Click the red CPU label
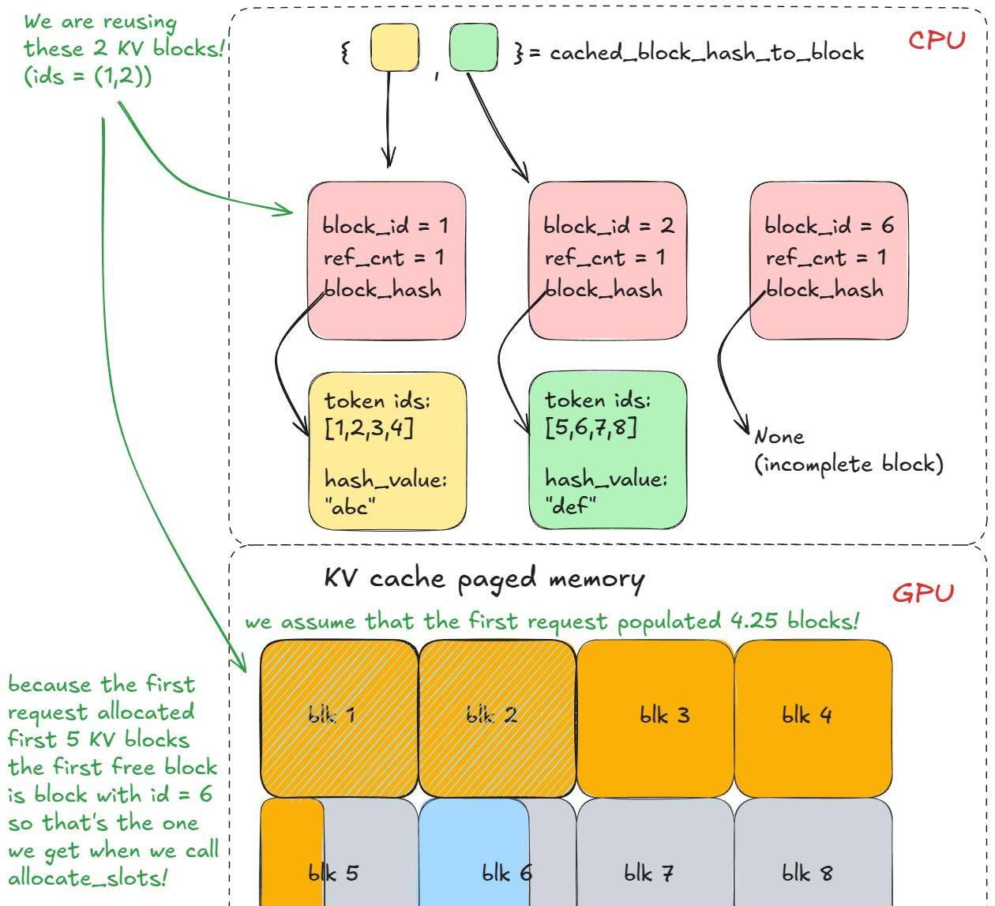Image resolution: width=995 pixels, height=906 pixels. coord(936,40)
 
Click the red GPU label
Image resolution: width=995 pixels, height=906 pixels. coord(923,592)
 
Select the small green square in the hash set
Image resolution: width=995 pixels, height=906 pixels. coord(473,47)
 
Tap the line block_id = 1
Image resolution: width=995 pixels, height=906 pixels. coord(385,226)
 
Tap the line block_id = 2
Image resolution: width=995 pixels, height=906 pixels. coord(608,226)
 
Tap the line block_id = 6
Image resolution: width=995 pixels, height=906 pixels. coord(829,226)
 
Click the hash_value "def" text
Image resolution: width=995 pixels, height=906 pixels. coord(606,492)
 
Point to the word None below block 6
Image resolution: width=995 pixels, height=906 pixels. coord(779,436)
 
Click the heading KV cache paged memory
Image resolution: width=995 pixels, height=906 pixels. coord(484,578)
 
